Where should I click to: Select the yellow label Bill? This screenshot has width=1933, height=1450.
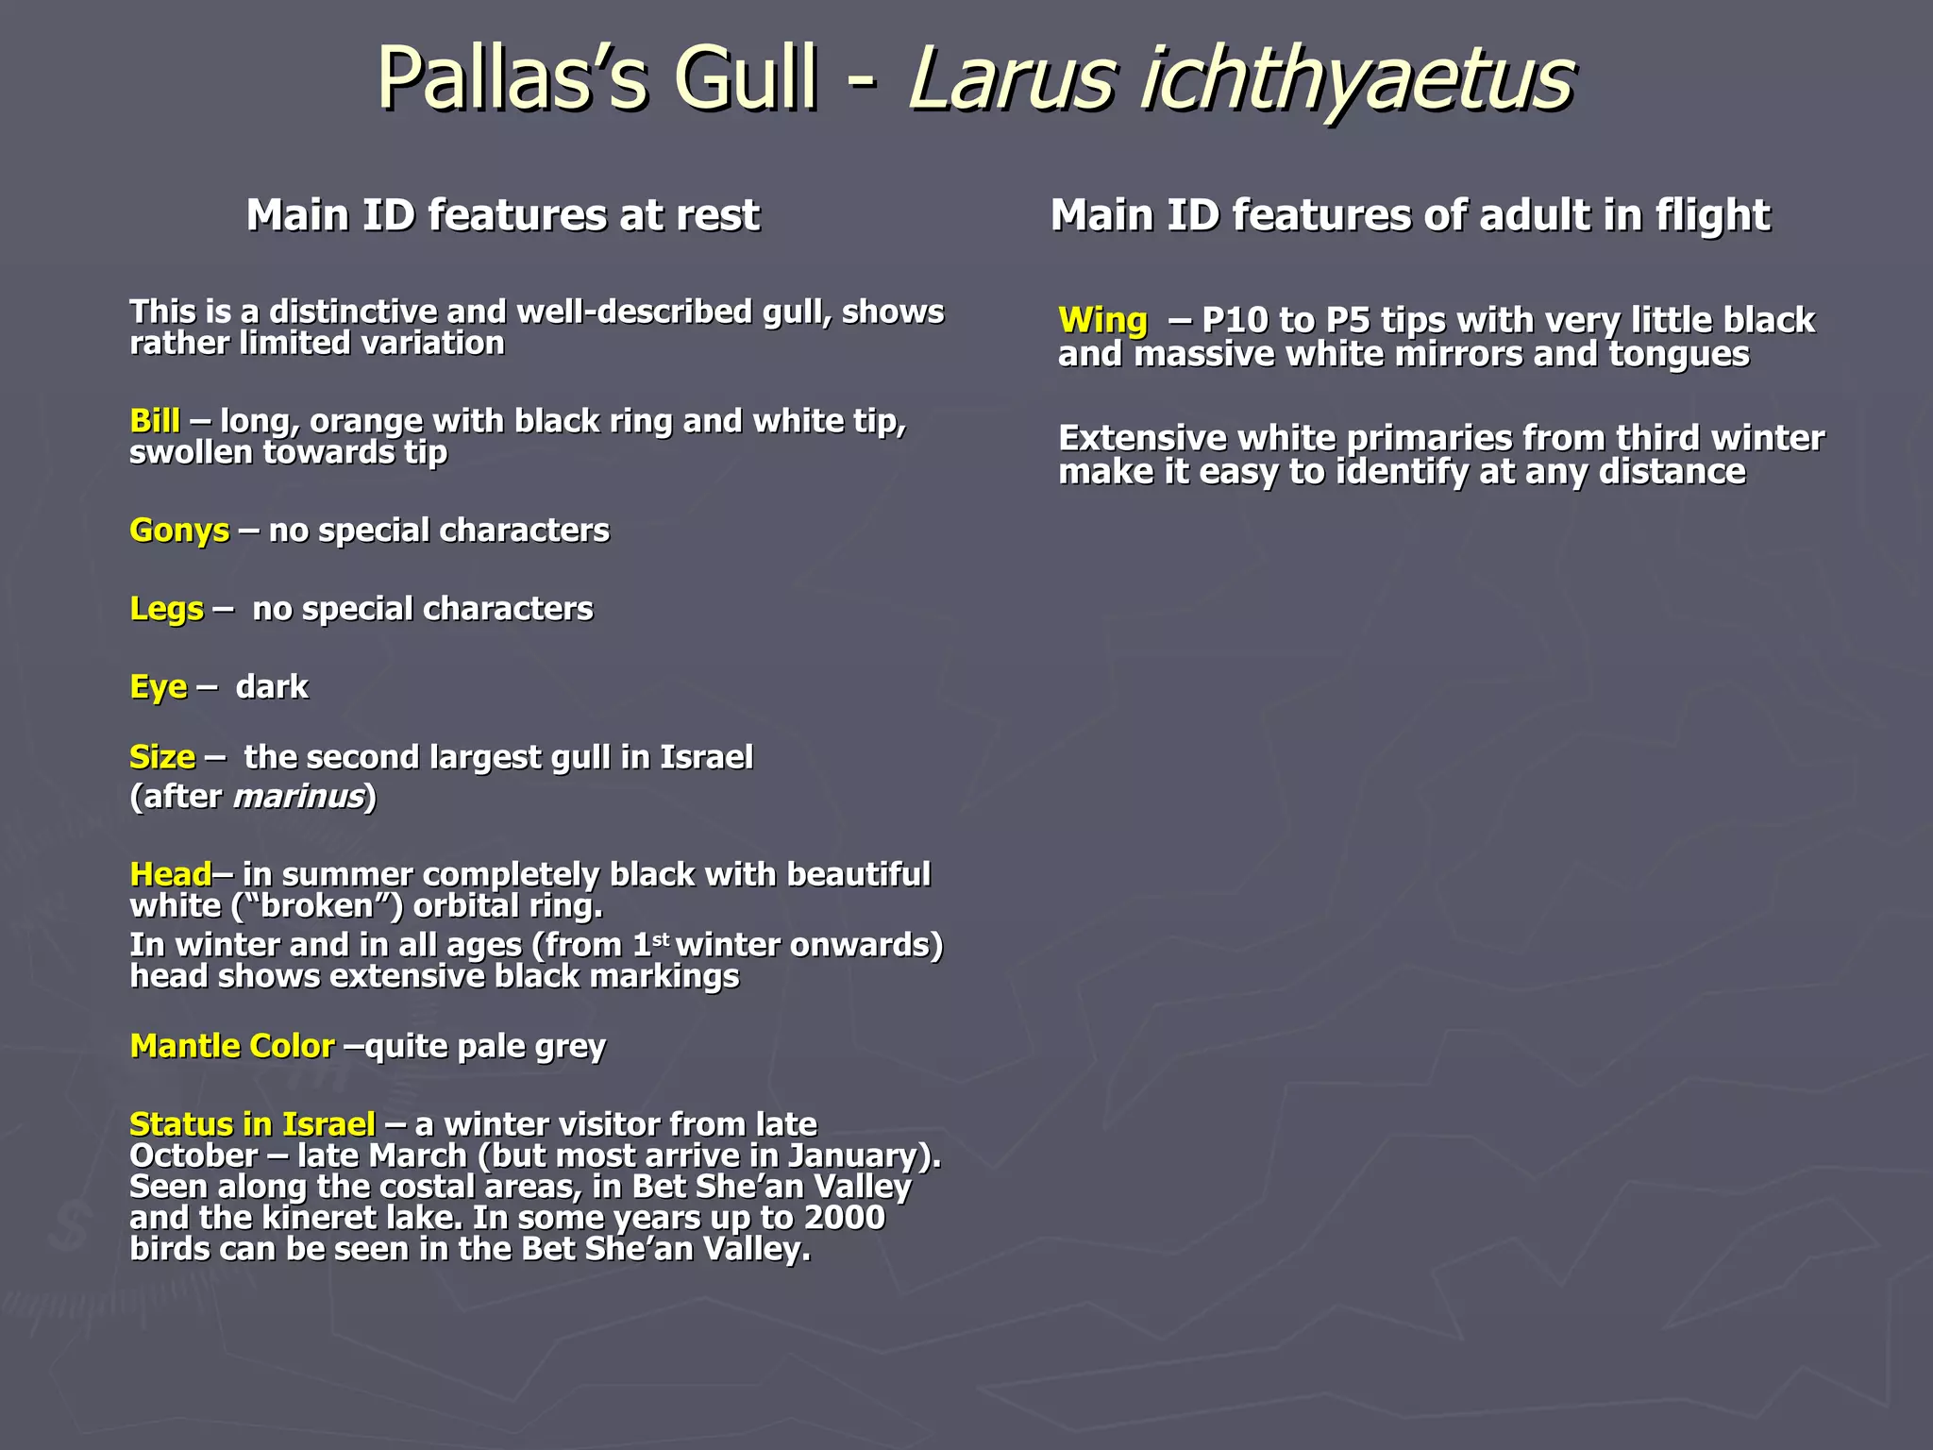pos(155,420)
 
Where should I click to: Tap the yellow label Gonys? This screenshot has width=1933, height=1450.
pos(179,531)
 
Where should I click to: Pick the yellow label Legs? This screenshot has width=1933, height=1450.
pos(166,609)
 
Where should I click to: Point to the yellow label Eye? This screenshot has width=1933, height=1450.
pos(158,687)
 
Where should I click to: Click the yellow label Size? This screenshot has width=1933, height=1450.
pos(162,757)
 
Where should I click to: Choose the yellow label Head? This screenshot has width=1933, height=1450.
pos(171,874)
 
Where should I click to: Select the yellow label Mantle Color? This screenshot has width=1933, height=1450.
pos(232,1046)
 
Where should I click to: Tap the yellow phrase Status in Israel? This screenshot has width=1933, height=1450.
pos(252,1124)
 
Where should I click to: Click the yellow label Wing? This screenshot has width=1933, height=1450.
pos(1102,321)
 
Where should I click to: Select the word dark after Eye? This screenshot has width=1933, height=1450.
pos(272,687)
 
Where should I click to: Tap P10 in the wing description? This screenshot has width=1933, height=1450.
pos(1235,321)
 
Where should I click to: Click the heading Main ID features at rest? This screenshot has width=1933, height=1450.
pos(502,215)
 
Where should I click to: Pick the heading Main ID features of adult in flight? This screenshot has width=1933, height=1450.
pos(1410,215)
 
